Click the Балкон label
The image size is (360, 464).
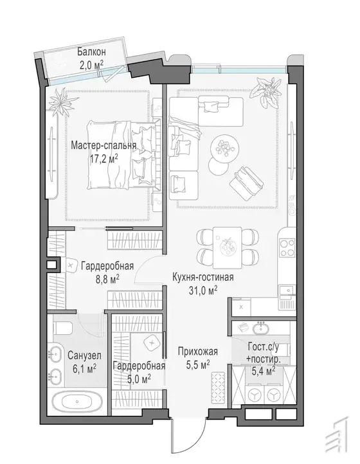[x=91, y=52]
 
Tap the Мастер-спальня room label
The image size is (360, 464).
[x=104, y=146]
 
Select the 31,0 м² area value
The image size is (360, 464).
[x=203, y=290]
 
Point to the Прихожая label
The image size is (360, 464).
[x=198, y=352]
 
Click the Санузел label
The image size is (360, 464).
[x=84, y=355]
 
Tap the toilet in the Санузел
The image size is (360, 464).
[x=63, y=328]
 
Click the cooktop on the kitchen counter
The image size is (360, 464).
[x=287, y=248]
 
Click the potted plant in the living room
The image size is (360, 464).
[x=266, y=90]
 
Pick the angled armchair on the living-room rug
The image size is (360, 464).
[x=247, y=181]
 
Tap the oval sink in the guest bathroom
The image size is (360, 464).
[x=260, y=328]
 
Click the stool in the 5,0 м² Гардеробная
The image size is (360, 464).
[x=152, y=343]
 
